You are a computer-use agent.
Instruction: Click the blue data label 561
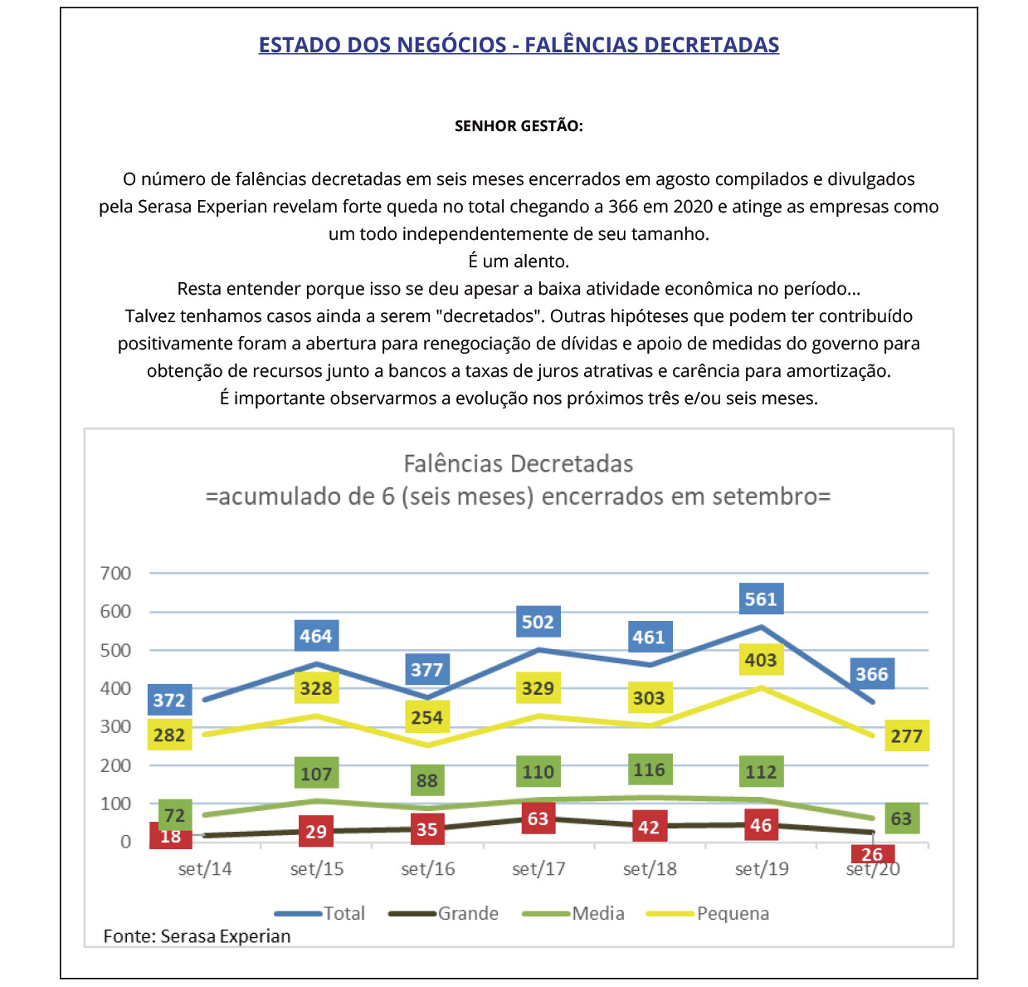761,599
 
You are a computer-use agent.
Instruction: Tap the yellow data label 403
761,660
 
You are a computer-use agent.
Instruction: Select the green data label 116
649,770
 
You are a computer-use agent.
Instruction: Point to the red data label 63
538,819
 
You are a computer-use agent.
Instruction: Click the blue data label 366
872,674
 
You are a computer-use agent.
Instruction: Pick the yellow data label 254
427,717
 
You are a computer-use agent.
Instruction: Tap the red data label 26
872,855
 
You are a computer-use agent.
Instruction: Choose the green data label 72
174,815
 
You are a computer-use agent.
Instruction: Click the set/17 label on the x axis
538,869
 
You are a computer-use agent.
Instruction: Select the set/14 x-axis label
205,869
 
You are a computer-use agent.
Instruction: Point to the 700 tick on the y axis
115,573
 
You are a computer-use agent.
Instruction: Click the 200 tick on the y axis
115,765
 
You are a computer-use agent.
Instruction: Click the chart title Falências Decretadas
518,463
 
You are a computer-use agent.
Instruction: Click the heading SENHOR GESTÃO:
519,126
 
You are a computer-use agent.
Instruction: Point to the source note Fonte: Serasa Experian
197,936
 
